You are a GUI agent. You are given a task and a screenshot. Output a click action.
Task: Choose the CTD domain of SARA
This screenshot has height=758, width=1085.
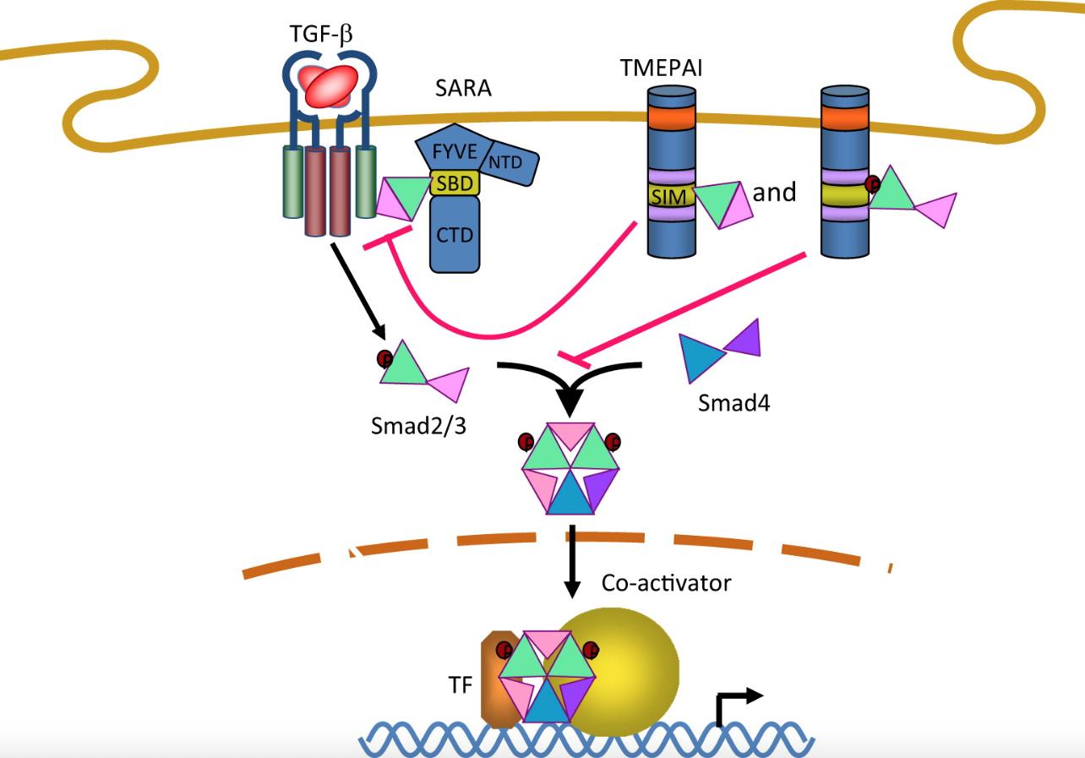point(455,234)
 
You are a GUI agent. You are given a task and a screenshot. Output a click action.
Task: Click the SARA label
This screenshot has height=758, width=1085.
point(463,87)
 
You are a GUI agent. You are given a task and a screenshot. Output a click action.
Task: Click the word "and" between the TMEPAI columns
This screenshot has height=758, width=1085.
point(774,193)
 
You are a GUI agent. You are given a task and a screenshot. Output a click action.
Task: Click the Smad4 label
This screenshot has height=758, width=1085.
point(733,402)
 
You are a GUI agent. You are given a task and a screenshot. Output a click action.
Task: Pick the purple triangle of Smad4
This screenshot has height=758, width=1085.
point(744,337)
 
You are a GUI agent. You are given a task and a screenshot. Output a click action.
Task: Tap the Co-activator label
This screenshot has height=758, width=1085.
point(666,582)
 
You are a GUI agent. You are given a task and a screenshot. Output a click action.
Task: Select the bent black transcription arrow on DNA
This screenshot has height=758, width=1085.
point(735,706)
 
